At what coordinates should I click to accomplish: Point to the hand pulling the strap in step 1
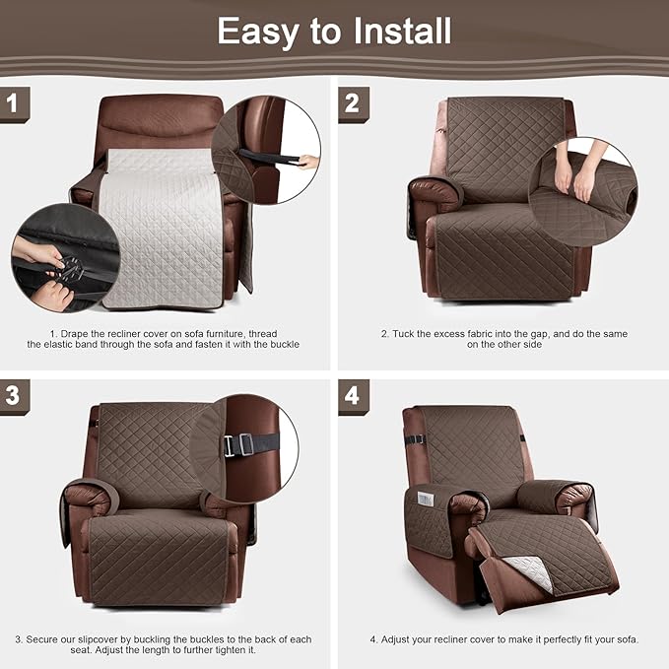click(x=307, y=161)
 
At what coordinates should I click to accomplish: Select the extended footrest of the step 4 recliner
click(x=547, y=557)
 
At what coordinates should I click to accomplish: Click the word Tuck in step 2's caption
click(x=405, y=334)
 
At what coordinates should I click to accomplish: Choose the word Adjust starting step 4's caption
click(x=399, y=639)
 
